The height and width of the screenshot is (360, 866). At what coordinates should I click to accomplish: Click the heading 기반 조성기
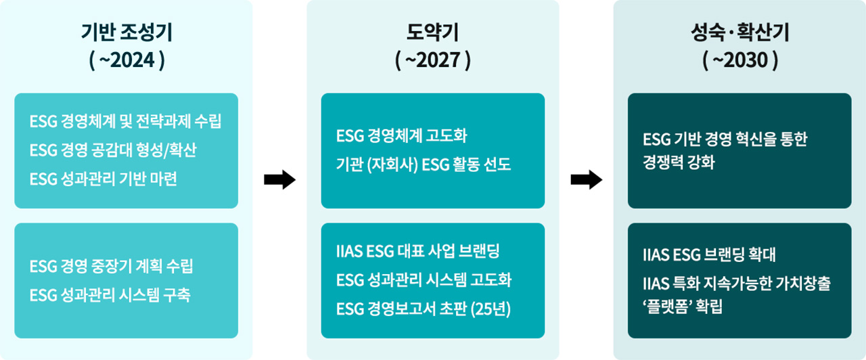(127, 32)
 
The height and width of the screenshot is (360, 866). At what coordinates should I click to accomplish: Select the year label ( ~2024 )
(127, 60)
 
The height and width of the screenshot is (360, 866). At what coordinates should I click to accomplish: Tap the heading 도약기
(432, 32)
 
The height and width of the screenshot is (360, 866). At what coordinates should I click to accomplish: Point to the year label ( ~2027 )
(432, 60)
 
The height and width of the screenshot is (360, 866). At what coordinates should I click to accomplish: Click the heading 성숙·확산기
(739, 32)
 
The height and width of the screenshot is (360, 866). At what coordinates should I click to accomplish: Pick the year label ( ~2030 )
(740, 60)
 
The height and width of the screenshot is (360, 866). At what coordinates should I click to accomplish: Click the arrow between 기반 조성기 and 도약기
(280, 179)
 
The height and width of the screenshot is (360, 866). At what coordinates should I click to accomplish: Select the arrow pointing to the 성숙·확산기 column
(587, 179)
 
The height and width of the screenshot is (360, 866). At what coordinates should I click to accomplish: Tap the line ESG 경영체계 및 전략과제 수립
(126, 121)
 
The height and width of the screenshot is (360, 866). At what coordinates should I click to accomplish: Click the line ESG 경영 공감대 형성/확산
(113, 150)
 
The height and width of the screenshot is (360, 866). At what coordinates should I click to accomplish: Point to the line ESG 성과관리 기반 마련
(104, 179)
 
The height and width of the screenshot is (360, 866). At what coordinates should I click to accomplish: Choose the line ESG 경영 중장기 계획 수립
(112, 266)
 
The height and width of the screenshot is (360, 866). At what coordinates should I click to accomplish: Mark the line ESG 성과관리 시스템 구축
(110, 295)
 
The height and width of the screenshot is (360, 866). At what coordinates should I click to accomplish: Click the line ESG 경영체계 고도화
(402, 136)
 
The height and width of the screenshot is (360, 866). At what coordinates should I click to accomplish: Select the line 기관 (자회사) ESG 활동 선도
(424, 164)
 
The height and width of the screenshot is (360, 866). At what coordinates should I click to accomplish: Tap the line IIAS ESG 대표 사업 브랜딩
(418, 251)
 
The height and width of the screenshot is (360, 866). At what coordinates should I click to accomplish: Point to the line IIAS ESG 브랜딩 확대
(710, 254)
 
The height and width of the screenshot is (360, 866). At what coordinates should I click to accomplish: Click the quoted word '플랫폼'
(666, 307)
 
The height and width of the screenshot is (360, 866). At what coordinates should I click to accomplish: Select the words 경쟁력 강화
(679, 162)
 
